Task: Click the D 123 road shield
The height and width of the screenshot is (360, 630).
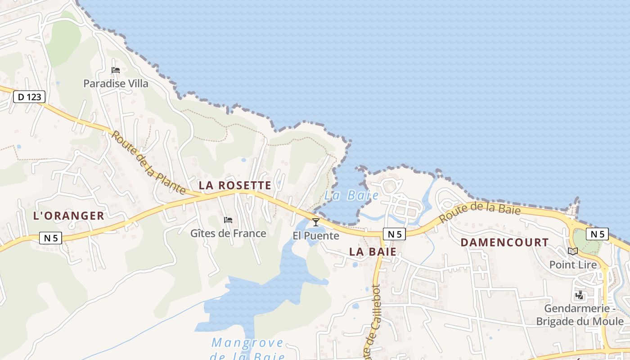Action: pyautogui.click(x=29, y=96)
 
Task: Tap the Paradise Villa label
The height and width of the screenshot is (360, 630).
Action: pyautogui.click(x=116, y=83)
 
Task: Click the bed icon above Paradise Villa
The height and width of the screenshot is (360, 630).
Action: pyautogui.click(x=116, y=70)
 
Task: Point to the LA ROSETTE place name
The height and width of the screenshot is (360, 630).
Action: pyautogui.click(x=235, y=185)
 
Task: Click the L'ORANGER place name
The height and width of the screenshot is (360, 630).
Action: pyautogui.click(x=69, y=216)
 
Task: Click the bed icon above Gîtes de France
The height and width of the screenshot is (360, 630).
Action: pyautogui.click(x=228, y=220)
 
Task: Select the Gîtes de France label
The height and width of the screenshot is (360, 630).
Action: pyautogui.click(x=228, y=234)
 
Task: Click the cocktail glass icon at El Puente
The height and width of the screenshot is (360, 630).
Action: pyautogui.click(x=316, y=222)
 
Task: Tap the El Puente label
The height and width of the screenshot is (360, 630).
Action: pyautogui.click(x=316, y=235)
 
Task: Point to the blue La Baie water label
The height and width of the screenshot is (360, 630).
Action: pyautogui.click(x=351, y=196)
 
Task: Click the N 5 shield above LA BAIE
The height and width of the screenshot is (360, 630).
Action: pyautogui.click(x=395, y=234)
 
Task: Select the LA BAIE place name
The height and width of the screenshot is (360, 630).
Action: pyautogui.click(x=373, y=252)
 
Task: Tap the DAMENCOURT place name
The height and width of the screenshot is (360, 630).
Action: pyautogui.click(x=505, y=243)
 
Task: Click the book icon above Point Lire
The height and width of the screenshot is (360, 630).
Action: pyautogui.click(x=573, y=251)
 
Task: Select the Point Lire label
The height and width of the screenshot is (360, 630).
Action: pyautogui.click(x=573, y=265)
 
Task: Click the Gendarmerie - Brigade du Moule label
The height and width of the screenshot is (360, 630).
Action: pyautogui.click(x=580, y=315)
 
